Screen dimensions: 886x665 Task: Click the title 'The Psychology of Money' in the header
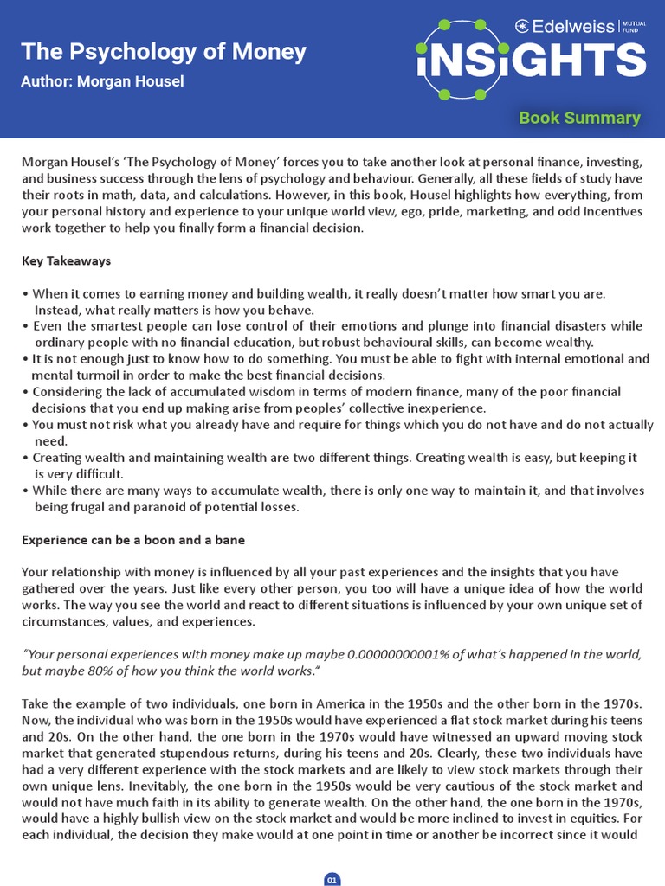(x=164, y=52)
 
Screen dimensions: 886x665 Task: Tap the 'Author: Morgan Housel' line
(x=102, y=81)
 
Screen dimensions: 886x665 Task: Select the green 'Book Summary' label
(x=579, y=118)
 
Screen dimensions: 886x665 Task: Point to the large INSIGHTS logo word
(x=531, y=61)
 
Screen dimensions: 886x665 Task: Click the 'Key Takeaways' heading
(x=66, y=260)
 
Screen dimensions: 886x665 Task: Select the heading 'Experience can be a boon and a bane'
(x=133, y=540)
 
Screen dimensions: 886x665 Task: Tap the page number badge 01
(x=332, y=880)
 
